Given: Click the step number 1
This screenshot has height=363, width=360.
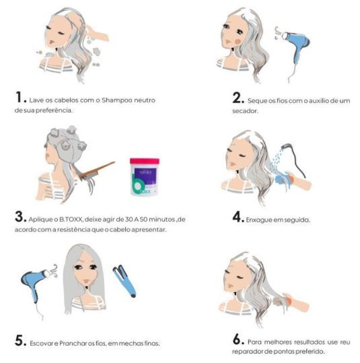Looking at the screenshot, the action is pos(19,97).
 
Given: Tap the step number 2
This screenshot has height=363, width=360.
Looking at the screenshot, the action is pos(237,98).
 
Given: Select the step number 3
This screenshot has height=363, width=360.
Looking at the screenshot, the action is pos(19,217).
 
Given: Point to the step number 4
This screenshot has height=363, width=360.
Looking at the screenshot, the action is pos(237,217).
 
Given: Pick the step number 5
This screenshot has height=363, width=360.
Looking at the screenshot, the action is pos(20,341).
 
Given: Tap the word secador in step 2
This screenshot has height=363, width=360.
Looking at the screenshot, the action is pos(245,111).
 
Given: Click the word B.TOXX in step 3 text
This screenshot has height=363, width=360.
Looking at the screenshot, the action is pos(71,219).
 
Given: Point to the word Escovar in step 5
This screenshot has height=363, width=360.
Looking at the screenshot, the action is pos(41,343).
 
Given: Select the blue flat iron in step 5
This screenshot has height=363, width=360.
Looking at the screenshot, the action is pos(125,282).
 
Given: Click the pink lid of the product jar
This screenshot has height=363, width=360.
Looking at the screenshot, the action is pos(145,161).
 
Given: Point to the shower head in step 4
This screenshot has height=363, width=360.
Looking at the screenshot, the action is pos(287,146).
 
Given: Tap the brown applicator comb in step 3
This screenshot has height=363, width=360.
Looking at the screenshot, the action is pos(97,171).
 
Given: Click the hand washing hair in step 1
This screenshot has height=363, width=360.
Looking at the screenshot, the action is pos(97,34).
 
